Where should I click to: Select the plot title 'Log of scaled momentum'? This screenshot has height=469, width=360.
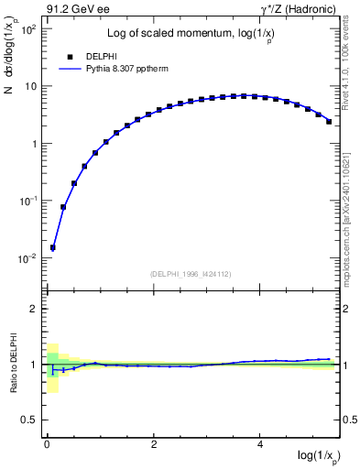point(173,35)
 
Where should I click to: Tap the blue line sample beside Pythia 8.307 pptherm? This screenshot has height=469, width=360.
point(71,68)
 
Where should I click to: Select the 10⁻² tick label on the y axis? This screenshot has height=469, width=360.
point(28,259)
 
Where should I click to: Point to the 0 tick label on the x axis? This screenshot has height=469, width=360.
point(47,443)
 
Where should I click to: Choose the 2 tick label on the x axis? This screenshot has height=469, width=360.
point(154,443)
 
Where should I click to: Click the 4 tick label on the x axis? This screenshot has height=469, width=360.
point(261,443)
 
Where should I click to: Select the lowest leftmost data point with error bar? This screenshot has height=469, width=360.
point(53,247)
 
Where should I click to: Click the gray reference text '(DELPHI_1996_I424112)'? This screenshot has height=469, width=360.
point(191,273)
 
